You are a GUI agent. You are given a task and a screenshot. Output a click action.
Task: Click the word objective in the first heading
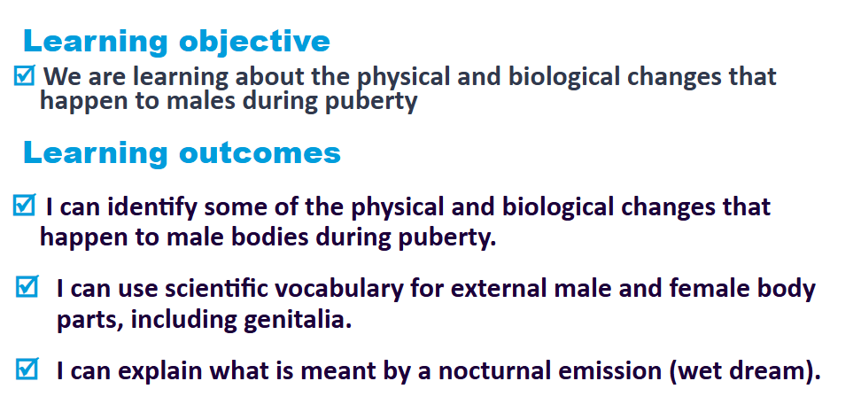[254, 43]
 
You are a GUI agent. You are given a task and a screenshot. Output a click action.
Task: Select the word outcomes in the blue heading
[260, 152]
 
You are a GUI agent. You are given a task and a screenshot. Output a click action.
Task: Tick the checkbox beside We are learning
[25, 75]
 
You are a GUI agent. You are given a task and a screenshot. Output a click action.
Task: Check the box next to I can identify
[25, 205]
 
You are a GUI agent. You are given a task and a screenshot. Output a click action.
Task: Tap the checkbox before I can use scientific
[27, 287]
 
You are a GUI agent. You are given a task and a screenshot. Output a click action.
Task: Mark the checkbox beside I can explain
[27, 369]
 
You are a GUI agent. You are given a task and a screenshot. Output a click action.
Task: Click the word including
[184, 321]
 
